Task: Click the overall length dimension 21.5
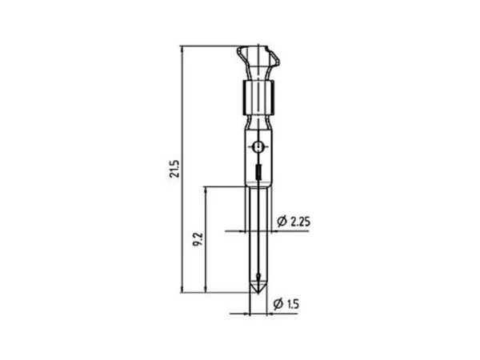(x=174, y=169)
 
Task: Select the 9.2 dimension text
(x=198, y=239)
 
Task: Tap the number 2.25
(x=300, y=222)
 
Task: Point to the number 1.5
(x=293, y=304)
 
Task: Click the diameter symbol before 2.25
(x=282, y=221)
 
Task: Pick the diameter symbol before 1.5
(x=278, y=304)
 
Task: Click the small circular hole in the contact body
(x=258, y=146)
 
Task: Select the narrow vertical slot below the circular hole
(x=258, y=172)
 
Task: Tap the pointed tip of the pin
(x=258, y=294)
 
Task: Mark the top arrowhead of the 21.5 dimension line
(x=182, y=49)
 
